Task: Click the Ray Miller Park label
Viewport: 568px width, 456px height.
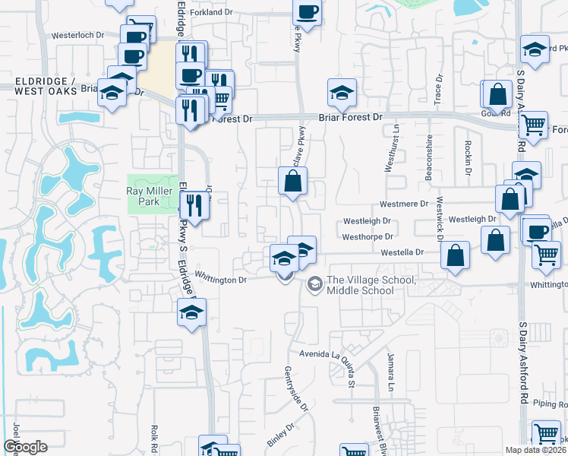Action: coord(143,192)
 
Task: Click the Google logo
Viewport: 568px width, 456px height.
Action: coord(25,447)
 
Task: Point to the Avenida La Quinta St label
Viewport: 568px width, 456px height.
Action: coord(320,354)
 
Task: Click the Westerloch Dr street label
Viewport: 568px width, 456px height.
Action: coord(77,35)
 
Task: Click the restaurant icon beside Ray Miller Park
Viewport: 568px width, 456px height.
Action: coord(194,205)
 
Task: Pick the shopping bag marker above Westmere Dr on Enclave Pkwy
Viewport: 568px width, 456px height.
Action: coord(293,182)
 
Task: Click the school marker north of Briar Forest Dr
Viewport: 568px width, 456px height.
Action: coord(342,93)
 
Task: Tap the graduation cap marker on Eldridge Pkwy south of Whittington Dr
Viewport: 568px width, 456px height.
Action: coord(192,312)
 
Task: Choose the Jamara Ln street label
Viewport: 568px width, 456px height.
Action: coord(391,372)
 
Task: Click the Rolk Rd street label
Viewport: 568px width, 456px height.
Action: coord(154,439)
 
